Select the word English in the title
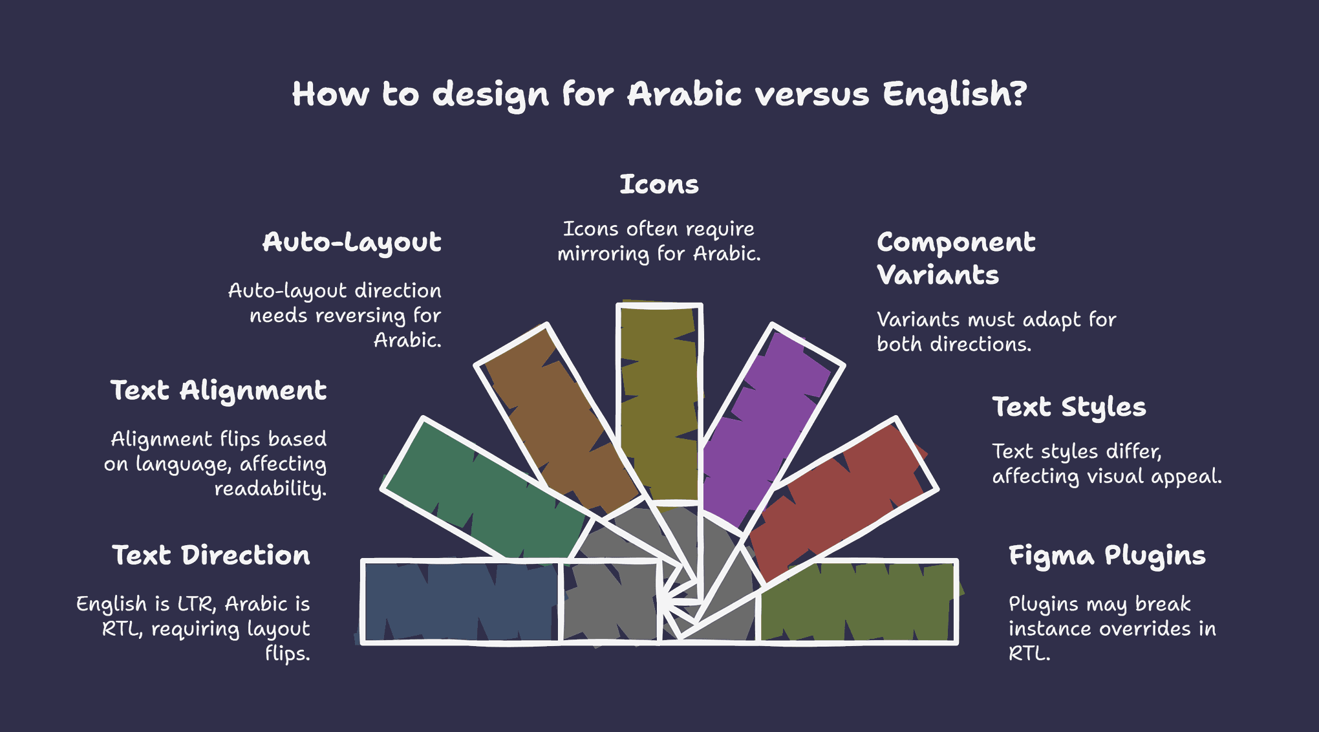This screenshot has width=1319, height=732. click(x=954, y=95)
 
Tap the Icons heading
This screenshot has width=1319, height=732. click(x=659, y=184)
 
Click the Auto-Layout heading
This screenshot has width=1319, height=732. click(x=352, y=243)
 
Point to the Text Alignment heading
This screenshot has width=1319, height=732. click(x=219, y=391)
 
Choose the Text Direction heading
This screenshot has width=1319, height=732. click(x=211, y=555)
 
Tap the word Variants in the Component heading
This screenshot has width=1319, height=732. click(x=938, y=275)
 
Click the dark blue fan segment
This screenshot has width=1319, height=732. click(x=460, y=601)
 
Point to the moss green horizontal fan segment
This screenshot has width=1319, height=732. click(x=857, y=601)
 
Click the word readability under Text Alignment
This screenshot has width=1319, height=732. click(x=270, y=489)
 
